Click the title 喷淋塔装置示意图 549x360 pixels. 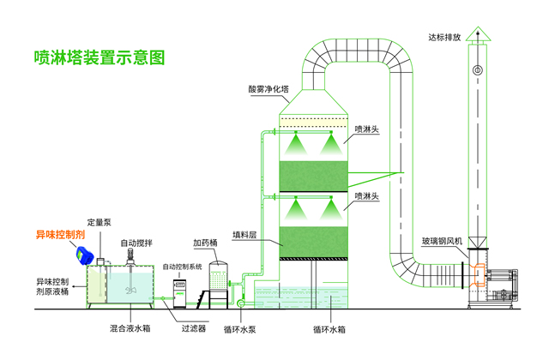pos(98,58)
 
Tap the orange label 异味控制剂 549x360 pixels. pos(60,234)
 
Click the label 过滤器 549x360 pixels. pos(192,327)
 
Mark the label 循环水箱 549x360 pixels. pos(329,327)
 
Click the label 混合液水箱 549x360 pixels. pos(128,327)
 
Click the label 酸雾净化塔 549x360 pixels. pos(268,88)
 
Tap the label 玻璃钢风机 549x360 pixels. pos(443,242)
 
